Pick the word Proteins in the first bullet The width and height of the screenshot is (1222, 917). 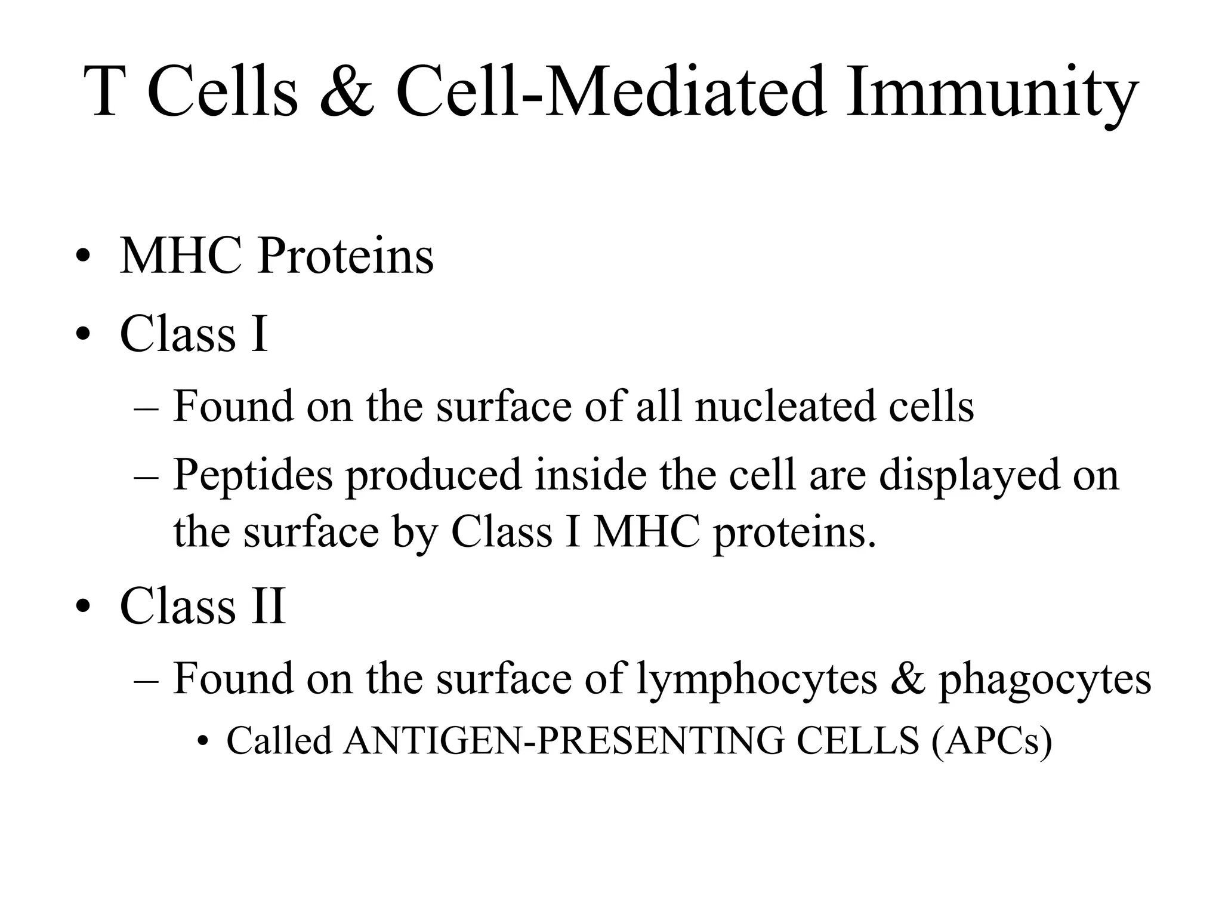click(x=345, y=257)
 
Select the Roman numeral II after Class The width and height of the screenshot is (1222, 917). click(x=268, y=606)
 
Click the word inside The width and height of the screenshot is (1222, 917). click(x=590, y=475)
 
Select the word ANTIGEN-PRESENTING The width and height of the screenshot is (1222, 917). click(x=564, y=741)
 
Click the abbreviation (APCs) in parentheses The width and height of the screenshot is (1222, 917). click(x=990, y=742)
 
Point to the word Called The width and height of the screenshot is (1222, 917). click(x=279, y=741)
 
